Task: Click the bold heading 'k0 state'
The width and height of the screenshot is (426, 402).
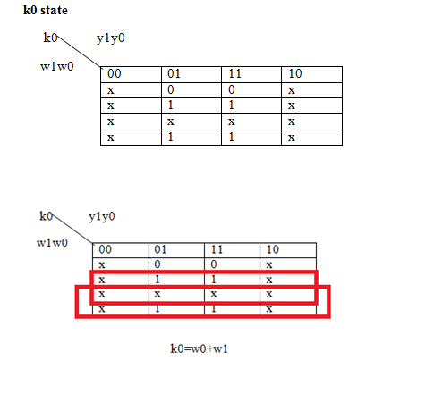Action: tap(46, 11)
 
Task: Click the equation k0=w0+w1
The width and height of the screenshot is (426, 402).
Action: tap(199, 348)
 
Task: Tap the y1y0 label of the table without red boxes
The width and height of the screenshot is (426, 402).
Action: tap(111, 38)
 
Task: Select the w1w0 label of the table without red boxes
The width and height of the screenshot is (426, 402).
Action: tap(57, 66)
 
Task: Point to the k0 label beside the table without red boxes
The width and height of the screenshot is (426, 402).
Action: tap(50, 38)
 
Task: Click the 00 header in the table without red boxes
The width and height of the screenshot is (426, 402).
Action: tap(115, 73)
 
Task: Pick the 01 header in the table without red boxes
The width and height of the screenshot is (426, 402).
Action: tap(174, 73)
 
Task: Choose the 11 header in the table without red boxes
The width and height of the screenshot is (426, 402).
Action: tap(234, 73)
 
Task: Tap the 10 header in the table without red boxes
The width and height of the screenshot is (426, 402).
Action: tap(295, 73)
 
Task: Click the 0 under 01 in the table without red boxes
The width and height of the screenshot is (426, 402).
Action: tap(171, 89)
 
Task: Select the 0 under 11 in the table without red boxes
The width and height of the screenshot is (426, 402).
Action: tap(232, 89)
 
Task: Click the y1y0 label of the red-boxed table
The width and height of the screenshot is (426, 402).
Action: tap(102, 217)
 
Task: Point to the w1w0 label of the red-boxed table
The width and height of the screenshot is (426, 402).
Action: tap(52, 243)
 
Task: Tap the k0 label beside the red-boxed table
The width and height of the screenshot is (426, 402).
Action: tap(46, 216)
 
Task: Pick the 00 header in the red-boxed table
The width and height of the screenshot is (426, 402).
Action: tap(105, 249)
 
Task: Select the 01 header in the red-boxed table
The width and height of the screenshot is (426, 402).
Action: tap(160, 249)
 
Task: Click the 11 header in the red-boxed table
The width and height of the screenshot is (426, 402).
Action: tap(217, 249)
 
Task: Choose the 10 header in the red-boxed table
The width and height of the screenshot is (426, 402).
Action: tap(273, 249)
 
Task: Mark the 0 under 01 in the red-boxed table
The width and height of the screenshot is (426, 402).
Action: tap(158, 264)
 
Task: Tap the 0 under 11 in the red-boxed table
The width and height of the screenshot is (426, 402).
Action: tap(214, 264)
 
